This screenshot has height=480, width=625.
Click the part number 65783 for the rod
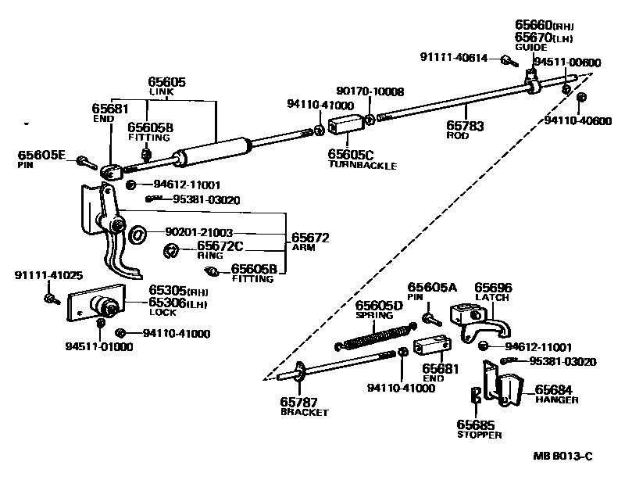[465, 125]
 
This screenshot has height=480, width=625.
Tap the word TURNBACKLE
[362, 166]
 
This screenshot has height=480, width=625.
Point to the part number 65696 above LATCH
[494, 288]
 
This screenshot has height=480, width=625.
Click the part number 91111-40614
[454, 57]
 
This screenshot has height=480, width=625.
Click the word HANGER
[556, 399]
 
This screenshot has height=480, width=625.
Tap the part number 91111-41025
[47, 275]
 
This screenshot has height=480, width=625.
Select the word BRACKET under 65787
[305, 412]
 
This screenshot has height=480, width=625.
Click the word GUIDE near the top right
[530, 47]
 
